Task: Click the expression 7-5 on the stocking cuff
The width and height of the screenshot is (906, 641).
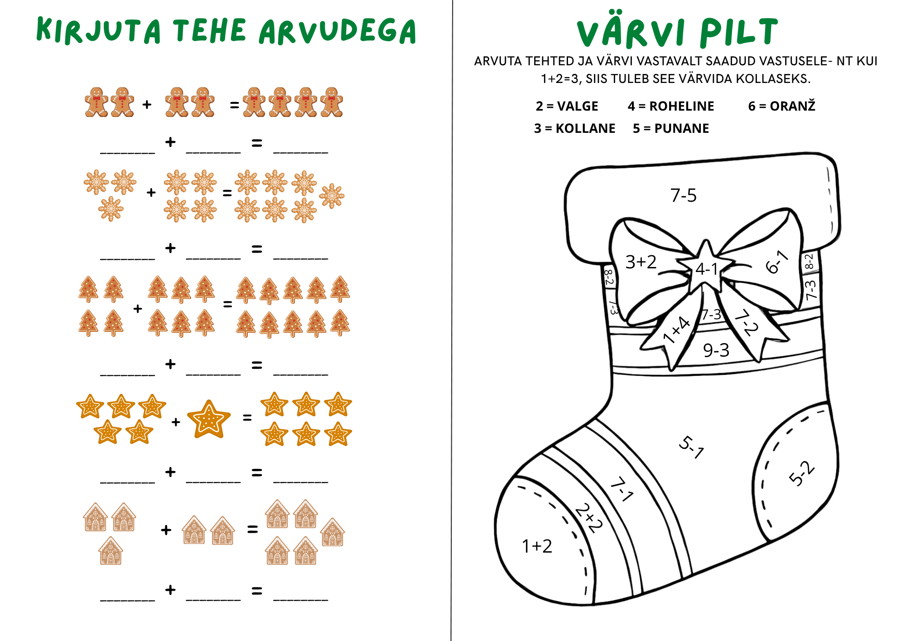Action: pyautogui.click(x=683, y=195)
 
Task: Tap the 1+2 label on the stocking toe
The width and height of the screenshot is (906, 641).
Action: pyautogui.click(x=537, y=546)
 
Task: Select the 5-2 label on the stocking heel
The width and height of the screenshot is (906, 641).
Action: pyautogui.click(x=802, y=473)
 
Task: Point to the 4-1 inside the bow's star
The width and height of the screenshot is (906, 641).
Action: pyautogui.click(x=707, y=269)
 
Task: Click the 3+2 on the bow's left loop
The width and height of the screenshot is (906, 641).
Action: pyautogui.click(x=641, y=262)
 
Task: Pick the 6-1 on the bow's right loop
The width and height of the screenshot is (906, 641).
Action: pyautogui.click(x=777, y=262)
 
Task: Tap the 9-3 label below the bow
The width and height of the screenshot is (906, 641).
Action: pyautogui.click(x=716, y=350)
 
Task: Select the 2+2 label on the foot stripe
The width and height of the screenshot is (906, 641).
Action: pyautogui.click(x=589, y=518)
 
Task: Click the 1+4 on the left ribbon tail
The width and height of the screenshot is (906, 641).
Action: pyautogui.click(x=676, y=330)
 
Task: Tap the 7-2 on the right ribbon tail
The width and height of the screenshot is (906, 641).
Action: pyautogui.click(x=746, y=322)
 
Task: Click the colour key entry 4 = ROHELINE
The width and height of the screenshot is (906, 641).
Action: pyautogui.click(x=671, y=106)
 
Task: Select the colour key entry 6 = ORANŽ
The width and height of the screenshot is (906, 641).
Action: pyautogui.click(x=782, y=106)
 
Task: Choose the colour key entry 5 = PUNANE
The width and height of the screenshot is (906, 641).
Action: pyautogui.click(x=671, y=128)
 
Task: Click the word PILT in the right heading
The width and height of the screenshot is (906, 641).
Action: pyautogui.click(x=739, y=32)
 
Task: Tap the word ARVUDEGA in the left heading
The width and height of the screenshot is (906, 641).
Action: pyautogui.click(x=337, y=32)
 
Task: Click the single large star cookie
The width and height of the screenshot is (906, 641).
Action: pyautogui.click(x=209, y=419)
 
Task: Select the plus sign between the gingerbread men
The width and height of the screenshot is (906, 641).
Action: pyautogui.click(x=147, y=105)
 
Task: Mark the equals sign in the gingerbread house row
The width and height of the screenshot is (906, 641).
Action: pyautogui.click(x=252, y=529)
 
